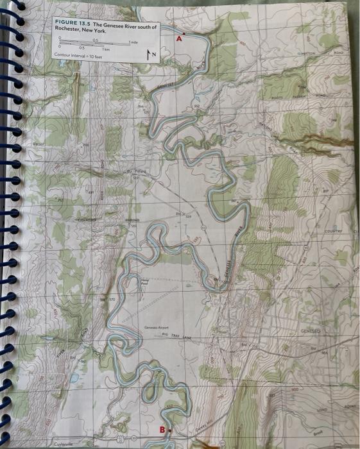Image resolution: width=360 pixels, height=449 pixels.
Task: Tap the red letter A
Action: [179, 38]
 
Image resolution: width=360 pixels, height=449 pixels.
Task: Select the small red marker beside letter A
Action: [185, 32]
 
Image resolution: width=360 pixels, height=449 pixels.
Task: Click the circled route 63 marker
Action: [203, 228]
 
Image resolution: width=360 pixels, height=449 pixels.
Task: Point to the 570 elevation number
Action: [110, 299]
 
